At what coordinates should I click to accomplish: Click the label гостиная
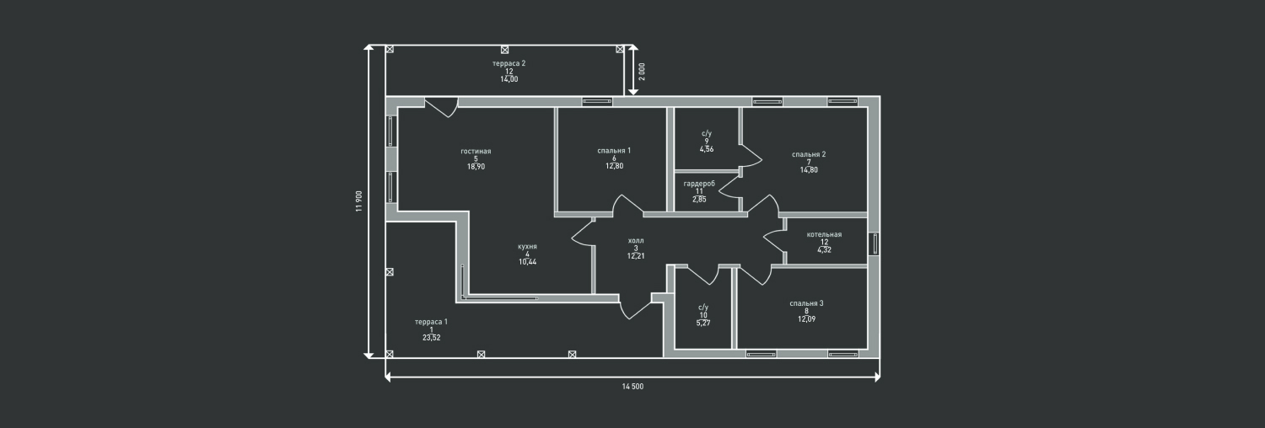pyautogui.click(x=476, y=152)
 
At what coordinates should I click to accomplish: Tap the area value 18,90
pyautogui.click(x=476, y=167)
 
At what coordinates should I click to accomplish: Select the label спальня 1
pyautogui.click(x=614, y=151)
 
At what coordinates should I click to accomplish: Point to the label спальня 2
pyautogui.click(x=809, y=154)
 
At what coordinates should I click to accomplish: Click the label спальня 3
pyautogui.click(x=806, y=303)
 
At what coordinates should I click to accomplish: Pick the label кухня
pyautogui.click(x=528, y=247)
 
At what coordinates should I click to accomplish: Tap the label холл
pyautogui.click(x=636, y=241)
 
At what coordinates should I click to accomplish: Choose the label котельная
pyautogui.click(x=824, y=234)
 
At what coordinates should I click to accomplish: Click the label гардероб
pyautogui.click(x=699, y=184)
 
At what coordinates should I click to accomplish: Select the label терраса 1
pyautogui.click(x=431, y=322)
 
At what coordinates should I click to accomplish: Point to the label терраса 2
pyautogui.click(x=509, y=63)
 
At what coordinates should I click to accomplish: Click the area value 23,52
pyautogui.click(x=431, y=337)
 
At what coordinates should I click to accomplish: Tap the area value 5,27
pyautogui.click(x=703, y=323)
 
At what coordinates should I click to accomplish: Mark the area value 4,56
pyautogui.click(x=707, y=149)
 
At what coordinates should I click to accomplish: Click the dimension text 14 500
pyautogui.click(x=632, y=387)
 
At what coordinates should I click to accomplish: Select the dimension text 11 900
pyautogui.click(x=359, y=202)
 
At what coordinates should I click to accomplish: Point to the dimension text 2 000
pyautogui.click(x=642, y=71)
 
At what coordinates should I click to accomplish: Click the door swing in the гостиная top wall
pyautogui.click(x=440, y=108)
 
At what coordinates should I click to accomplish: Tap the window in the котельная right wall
pyautogui.click(x=875, y=244)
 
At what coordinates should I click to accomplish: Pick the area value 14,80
pyautogui.click(x=809, y=169)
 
